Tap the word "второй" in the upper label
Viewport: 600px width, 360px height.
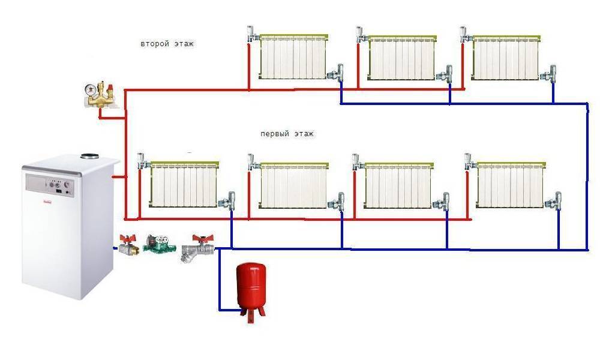click(x=154, y=44)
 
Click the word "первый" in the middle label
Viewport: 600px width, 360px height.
click(x=274, y=134)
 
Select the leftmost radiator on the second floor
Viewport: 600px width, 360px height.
click(x=292, y=58)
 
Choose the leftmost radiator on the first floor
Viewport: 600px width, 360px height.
click(x=183, y=187)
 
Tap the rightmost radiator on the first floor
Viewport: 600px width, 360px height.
click(x=511, y=186)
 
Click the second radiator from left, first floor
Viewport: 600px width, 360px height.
click(x=294, y=186)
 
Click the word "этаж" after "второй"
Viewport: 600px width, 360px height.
click(x=184, y=44)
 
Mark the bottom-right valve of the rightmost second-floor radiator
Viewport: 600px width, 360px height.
click(x=549, y=74)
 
